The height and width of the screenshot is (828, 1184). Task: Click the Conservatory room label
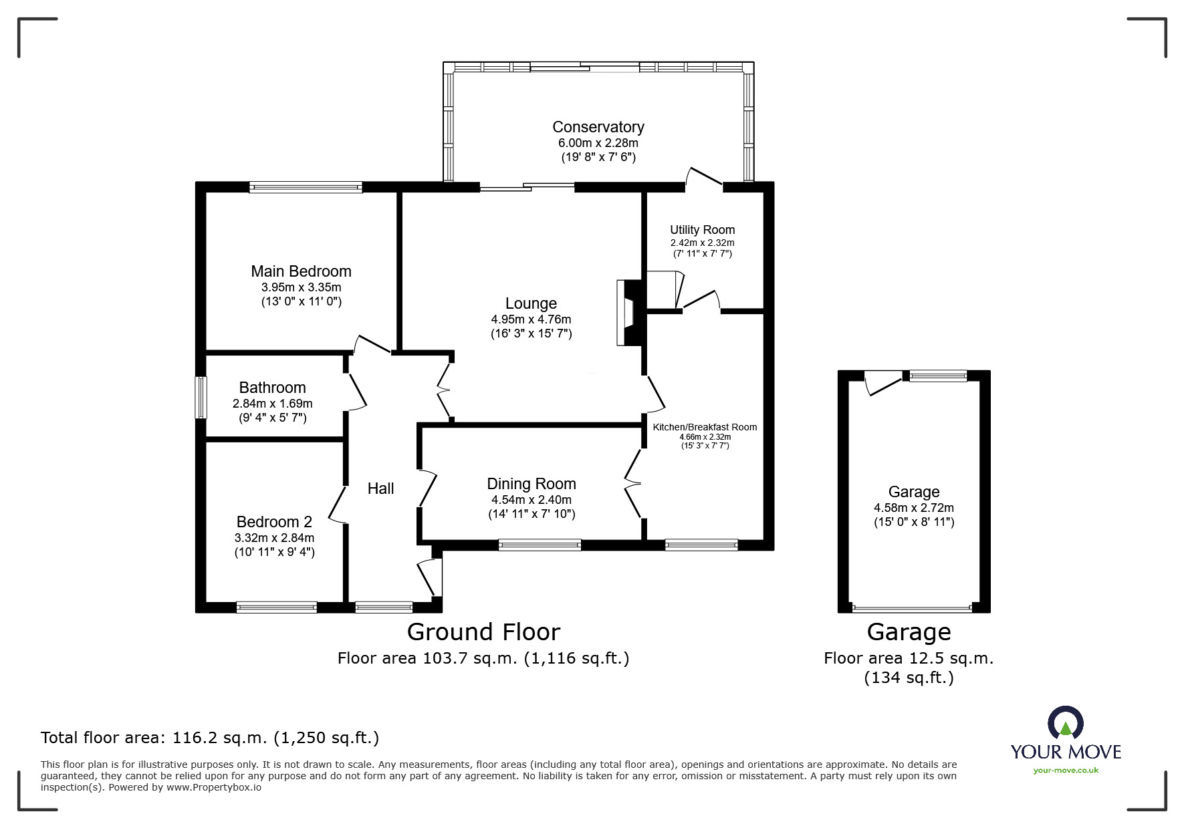tap(598, 127)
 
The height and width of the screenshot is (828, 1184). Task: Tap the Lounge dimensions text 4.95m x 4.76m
tap(531, 319)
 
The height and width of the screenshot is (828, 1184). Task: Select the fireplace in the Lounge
tap(628, 312)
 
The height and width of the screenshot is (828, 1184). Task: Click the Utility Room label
tap(702, 230)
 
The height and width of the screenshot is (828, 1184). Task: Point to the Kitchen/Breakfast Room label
tap(705, 427)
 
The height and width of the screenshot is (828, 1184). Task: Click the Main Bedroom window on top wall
tap(306, 188)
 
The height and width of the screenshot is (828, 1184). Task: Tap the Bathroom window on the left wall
tap(201, 398)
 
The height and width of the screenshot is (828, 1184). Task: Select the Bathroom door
tap(356, 392)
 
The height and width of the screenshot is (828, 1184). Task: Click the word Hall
tap(380, 489)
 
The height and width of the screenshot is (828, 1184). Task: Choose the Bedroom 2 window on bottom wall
tap(276, 607)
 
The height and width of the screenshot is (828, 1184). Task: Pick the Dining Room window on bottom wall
tap(540, 545)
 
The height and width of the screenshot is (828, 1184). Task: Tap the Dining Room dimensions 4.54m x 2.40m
tap(531, 500)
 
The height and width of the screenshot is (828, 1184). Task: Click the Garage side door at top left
tap(881, 383)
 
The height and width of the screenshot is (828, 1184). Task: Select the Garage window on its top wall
tap(937, 376)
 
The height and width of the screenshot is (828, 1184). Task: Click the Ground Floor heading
tap(483, 632)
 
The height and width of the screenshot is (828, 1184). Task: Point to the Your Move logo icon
tap(1065, 723)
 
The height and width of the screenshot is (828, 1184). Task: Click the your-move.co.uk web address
tap(1066, 771)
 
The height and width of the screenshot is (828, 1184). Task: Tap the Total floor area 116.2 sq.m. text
tap(210, 738)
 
